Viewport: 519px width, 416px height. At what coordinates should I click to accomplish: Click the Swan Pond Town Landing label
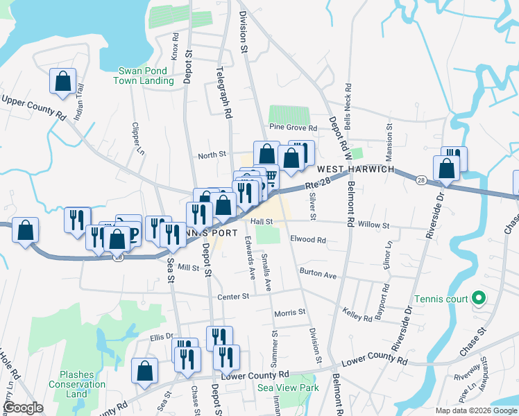(x=146, y=76)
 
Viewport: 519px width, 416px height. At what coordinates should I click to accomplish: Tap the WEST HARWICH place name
(x=356, y=169)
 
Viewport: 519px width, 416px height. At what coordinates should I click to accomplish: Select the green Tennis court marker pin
(x=477, y=299)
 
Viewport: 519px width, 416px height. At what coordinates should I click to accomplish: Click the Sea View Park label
(x=289, y=388)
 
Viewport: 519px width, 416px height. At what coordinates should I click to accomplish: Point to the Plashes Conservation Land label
(x=82, y=384)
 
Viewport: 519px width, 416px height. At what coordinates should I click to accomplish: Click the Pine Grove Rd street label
(x=293, y=128)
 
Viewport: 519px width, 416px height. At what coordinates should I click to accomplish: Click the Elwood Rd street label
(x=308, y=240)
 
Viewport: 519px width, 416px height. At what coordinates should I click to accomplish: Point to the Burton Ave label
(x=318, y=274)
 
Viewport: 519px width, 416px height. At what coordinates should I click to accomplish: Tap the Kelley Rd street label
(x=358, y=315)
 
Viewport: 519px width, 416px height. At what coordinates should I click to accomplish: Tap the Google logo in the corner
(x=23, y=408)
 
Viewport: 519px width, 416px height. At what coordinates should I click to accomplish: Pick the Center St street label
(x=235, y=296)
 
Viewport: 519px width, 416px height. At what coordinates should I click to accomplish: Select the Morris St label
(x=289, y=312)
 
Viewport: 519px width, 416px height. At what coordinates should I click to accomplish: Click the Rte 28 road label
(x=316, y=184)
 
